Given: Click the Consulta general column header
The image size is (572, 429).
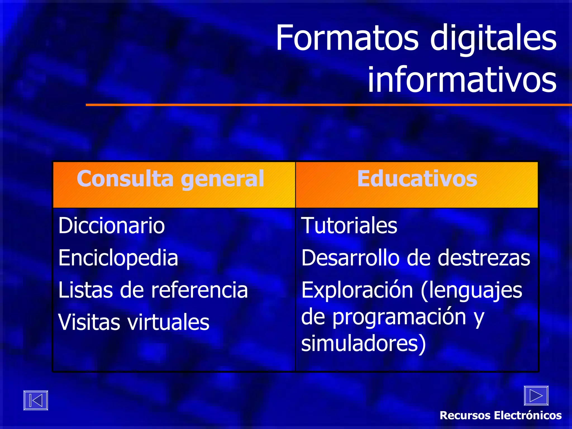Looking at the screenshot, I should click(170, 179).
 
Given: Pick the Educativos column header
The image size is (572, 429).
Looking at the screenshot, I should click(417, 179).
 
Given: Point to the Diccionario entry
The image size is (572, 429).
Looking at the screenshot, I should click(111, 226).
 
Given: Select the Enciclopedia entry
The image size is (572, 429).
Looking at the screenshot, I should click(118, 258).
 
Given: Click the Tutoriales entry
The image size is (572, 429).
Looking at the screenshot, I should click(349, 226).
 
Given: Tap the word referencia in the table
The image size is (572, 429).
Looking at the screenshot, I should click(199, 290).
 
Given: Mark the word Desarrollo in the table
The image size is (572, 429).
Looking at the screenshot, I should click(351, 258).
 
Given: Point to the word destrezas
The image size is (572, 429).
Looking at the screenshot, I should click(484, 258).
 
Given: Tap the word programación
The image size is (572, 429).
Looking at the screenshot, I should click(399, 318).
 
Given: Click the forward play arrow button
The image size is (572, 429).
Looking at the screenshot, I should click(536, 395).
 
